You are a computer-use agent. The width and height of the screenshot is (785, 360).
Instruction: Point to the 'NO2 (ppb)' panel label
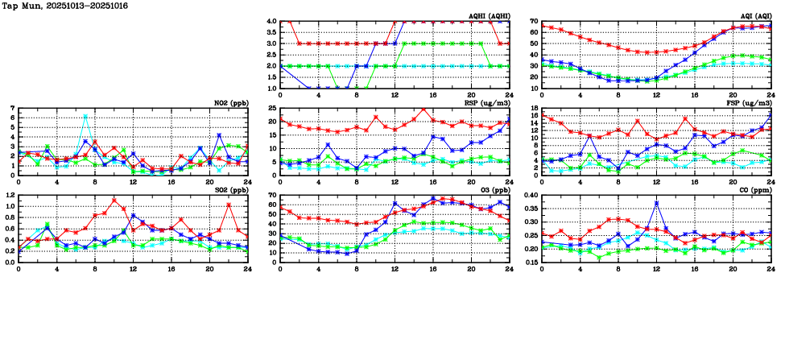point(231,102)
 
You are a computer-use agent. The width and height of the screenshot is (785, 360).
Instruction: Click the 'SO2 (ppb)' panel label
point(231,189)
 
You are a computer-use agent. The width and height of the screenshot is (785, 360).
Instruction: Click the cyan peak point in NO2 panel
point(85,116)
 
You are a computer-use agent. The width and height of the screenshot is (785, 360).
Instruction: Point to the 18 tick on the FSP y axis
point(533,108)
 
